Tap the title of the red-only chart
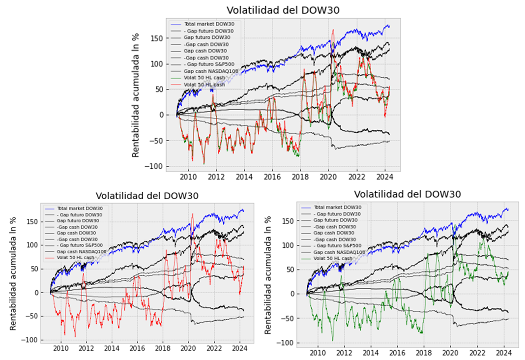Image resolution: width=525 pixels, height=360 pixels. click(147, 195)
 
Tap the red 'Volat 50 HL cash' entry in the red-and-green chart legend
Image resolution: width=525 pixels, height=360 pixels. click(204, 85)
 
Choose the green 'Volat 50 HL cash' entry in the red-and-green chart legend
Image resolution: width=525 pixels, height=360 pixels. click(204, 78)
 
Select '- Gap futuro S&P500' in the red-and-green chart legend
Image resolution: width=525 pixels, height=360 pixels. click(209, 64)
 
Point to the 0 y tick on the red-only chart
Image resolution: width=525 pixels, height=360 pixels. click(38, 292)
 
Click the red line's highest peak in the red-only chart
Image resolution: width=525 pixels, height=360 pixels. click(192, 214)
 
